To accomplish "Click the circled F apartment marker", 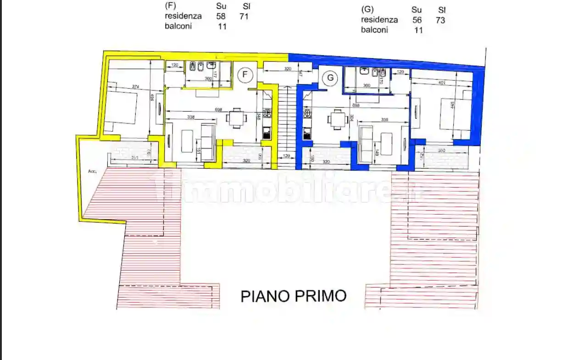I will tap(245, 74).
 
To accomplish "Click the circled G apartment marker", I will tap(330, 78).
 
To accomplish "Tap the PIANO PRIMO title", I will tap(294, 296).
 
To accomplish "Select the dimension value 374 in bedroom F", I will tap(135, 87).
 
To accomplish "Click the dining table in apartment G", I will tap(338, 120).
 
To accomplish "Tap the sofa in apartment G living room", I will tap(365, 143).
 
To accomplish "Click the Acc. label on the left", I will tap(93, 171).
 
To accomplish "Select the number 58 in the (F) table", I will tap(221, 16).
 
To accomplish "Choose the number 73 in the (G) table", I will tap(440, 20).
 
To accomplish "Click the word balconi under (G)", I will tap(374, 30).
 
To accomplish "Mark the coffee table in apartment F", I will tap(187, 141).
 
